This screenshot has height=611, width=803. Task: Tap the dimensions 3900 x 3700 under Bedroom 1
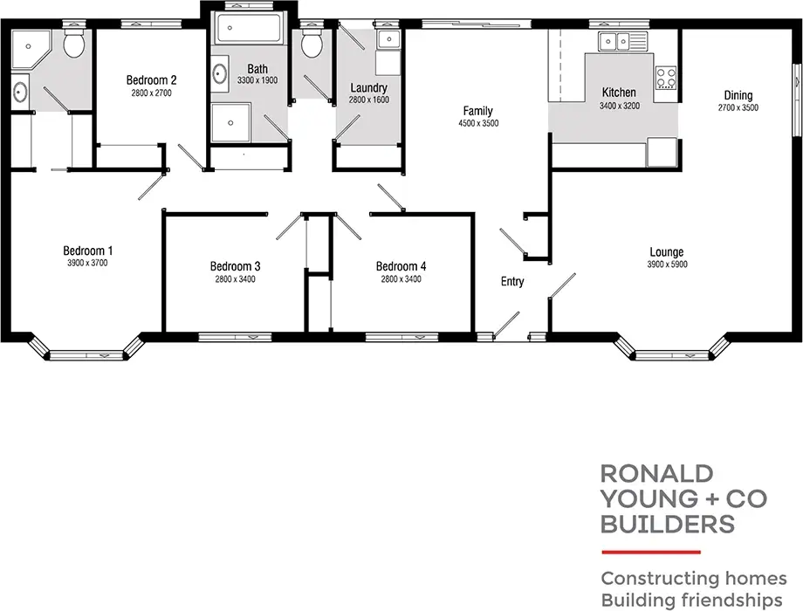click(87, 263)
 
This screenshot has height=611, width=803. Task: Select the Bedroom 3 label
click(235, 266)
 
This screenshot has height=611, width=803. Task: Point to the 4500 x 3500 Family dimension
click(477, 124)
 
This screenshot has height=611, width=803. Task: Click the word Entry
click(512, 281)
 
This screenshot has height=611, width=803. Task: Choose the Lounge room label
click(666, 252)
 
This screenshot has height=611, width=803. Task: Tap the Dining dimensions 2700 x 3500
click(738, 108)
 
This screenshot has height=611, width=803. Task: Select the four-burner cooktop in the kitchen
click(666, 78)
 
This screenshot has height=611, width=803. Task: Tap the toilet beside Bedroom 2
click(75, 43)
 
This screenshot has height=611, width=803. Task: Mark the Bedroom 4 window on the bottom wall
click(401, 336)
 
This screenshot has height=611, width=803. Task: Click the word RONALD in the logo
click(656, 474)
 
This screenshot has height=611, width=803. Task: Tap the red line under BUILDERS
click(651, 552)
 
